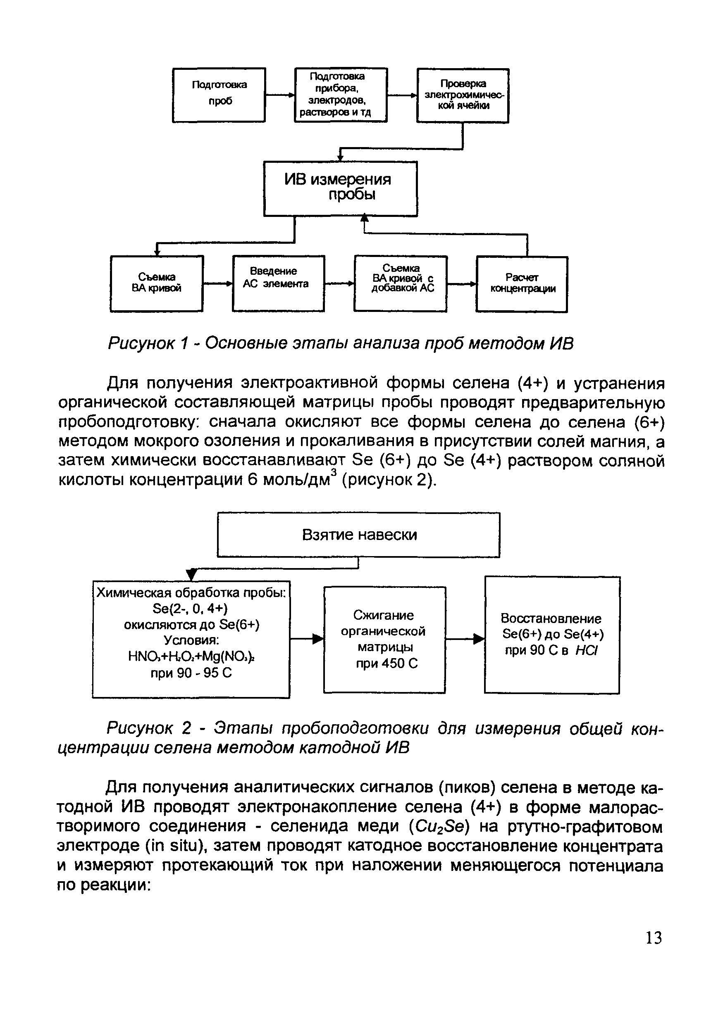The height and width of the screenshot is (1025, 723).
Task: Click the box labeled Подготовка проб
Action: coord(219,95)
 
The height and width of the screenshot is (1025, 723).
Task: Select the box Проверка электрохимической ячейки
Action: coord(463,95)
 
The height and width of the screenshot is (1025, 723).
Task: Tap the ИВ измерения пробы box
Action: coord(340,188)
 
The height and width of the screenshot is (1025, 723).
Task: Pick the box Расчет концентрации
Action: coord(522,283)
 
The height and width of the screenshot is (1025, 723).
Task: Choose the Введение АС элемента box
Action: coord(278,283)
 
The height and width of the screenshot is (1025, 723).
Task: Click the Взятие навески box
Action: coord(358,534)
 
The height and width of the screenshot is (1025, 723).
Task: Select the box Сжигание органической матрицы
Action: coord(384,639)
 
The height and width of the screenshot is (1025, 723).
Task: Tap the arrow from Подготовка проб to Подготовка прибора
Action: coord(280,95)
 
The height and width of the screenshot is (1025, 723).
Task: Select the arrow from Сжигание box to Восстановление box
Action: coord(465,639)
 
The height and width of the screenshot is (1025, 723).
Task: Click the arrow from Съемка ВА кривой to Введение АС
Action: coord(217,283)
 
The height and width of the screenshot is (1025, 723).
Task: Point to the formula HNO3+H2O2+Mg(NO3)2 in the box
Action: coord(191,656)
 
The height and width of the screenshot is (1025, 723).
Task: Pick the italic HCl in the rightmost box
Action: coord(586,650)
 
